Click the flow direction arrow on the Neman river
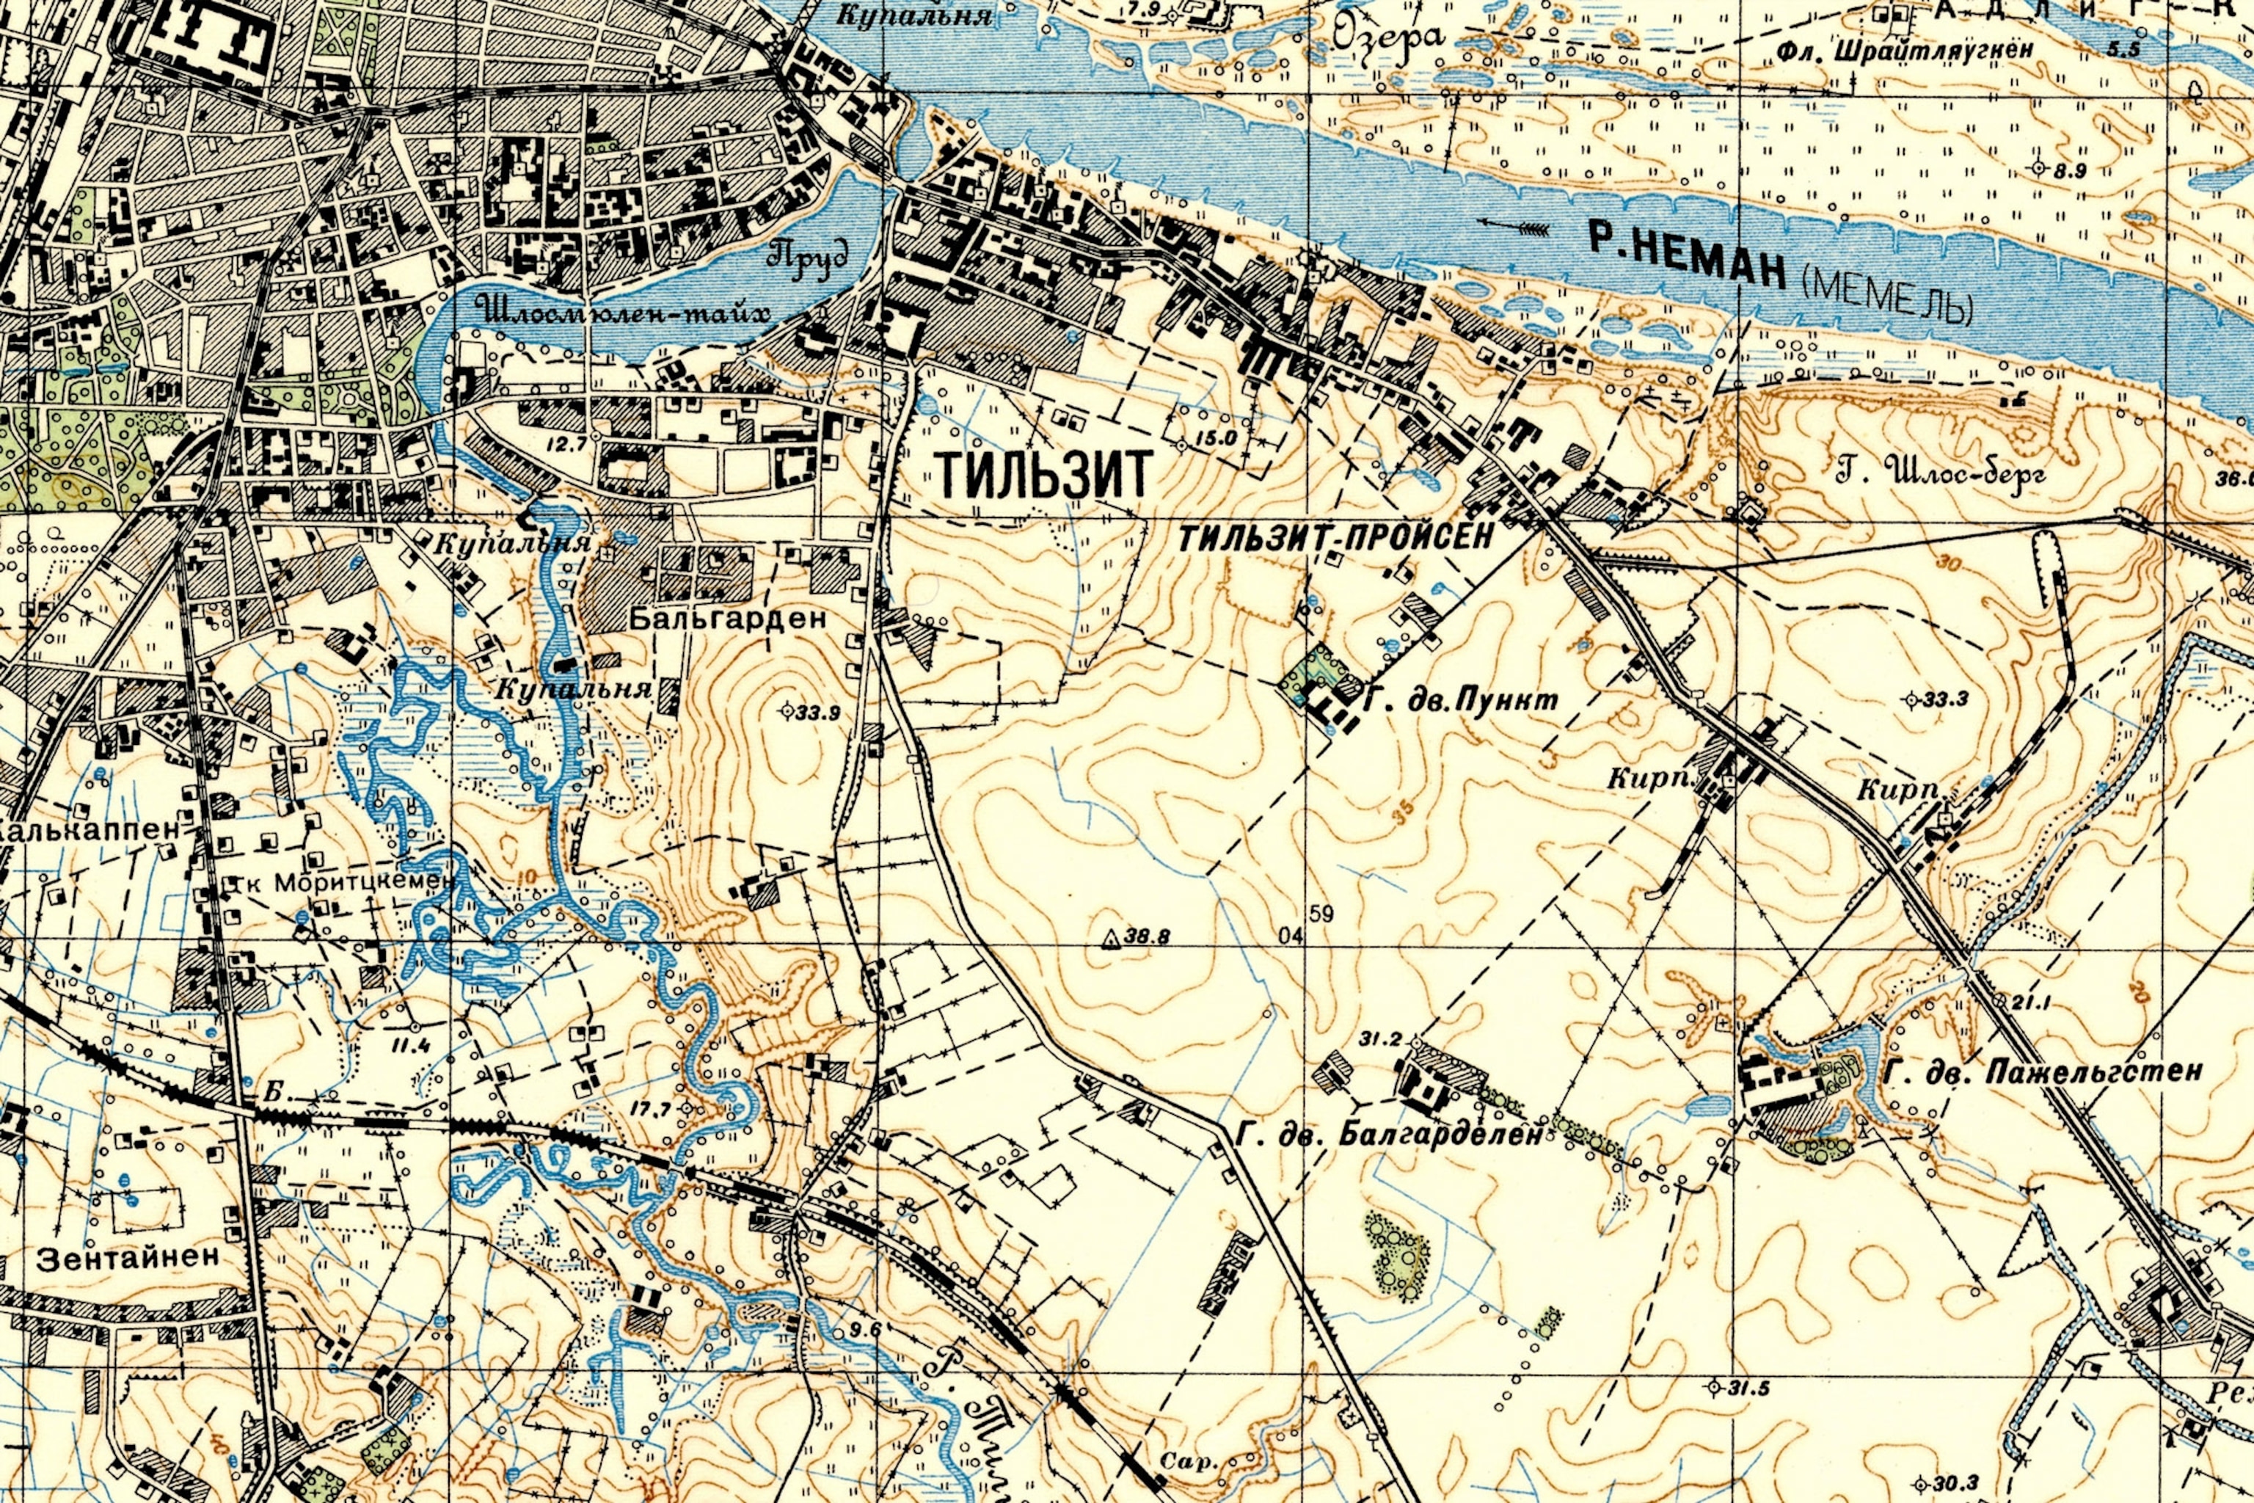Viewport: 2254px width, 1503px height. (1514, 226)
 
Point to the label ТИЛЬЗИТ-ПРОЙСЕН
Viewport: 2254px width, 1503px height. (1335, 539)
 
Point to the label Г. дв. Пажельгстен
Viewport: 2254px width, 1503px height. (2041, 1071)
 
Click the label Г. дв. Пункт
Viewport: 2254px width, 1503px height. (1459, 702)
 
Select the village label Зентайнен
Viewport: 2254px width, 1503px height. (128, 1258)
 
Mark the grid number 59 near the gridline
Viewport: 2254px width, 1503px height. (1321, 914)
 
